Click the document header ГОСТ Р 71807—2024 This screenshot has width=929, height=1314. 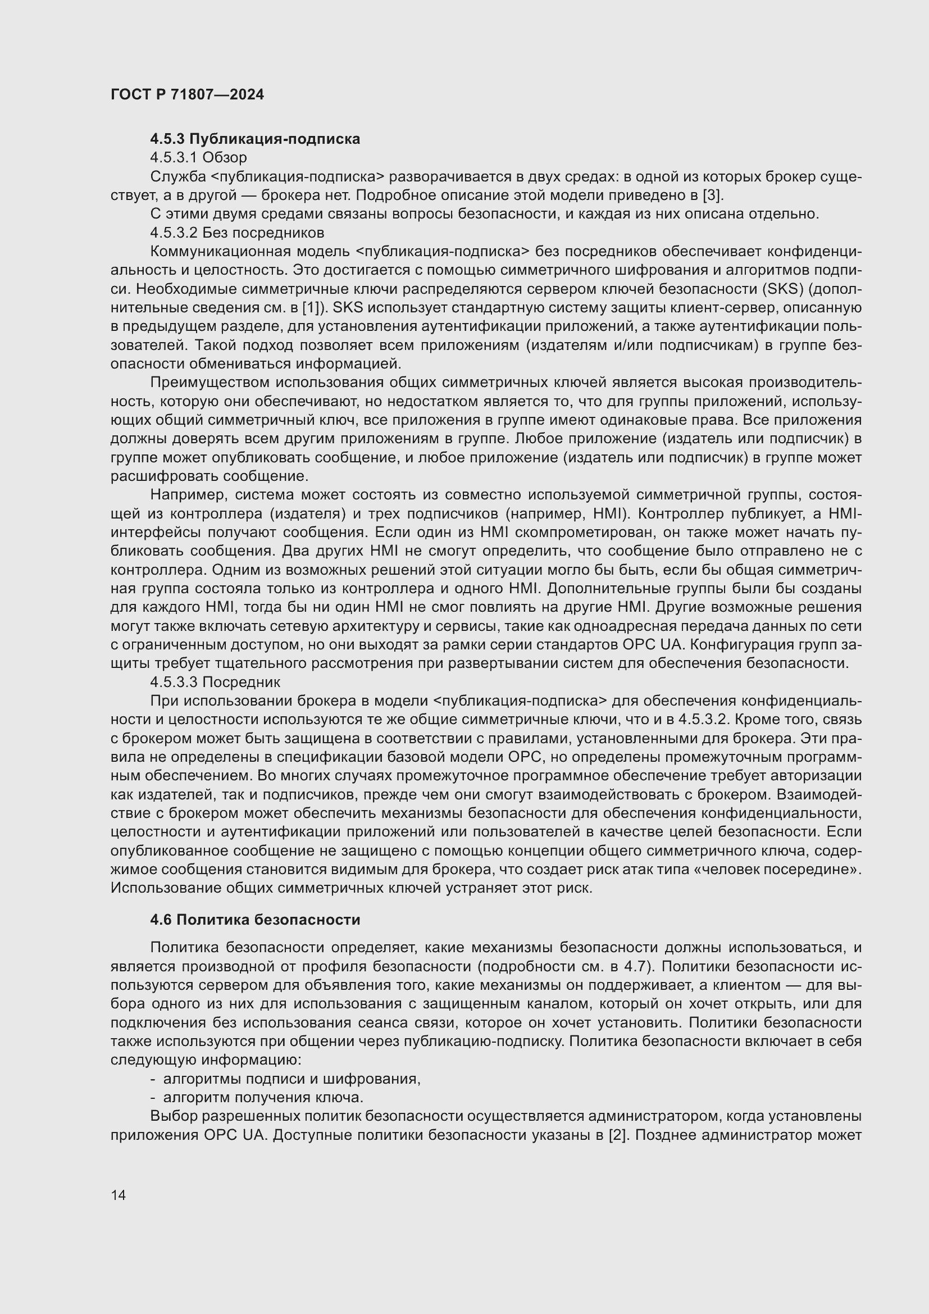tap(187, 94)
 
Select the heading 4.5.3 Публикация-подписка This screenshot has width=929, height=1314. tap(255, 139)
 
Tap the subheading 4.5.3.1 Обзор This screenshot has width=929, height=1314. tap(198, 157)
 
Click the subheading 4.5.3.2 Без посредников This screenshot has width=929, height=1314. tap(237, 233)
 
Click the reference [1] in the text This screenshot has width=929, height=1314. tap(312, 307)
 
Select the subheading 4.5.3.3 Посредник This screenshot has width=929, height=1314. tap(215, 681)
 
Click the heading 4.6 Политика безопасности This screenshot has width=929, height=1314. tap(255, 920)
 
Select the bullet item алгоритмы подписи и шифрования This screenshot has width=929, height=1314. tap(292, 1079)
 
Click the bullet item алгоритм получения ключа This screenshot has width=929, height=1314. tap(263, 1097)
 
